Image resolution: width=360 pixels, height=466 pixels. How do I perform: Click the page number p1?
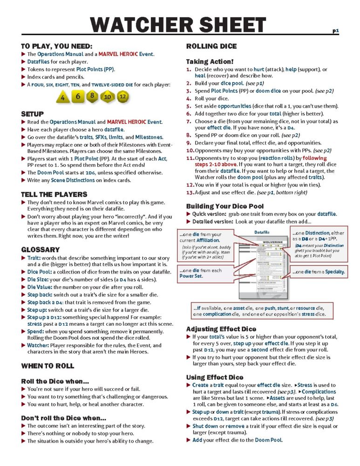pyautogui.click(x=335, y=31)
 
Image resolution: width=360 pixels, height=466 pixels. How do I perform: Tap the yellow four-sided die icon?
pyautogui.click(x=62, y=98)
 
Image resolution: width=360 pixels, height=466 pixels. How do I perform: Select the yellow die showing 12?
pyautogui.click(x=122, y=97)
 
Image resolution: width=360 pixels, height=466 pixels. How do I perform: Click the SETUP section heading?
pyautogui.click(x=32, y=114)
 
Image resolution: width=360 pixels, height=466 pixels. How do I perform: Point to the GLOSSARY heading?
pyautogui.click(x=40, y=250)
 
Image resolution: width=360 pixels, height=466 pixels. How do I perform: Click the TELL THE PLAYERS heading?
pyautogui.click(x=54, y=194)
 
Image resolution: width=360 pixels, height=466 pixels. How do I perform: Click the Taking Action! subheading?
pyautogui.click(x=210, y=61)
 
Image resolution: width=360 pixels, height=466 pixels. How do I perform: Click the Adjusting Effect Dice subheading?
pyautogui.click(x=221, y=329)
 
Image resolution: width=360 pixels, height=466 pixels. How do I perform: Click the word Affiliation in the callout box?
pyautogui.click(x=206, y=240)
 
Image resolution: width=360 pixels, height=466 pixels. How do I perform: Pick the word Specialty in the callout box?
pyautogui.click(x=333, y=272)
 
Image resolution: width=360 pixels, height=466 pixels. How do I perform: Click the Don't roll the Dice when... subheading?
pyautogui.click(x=63, y=418)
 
